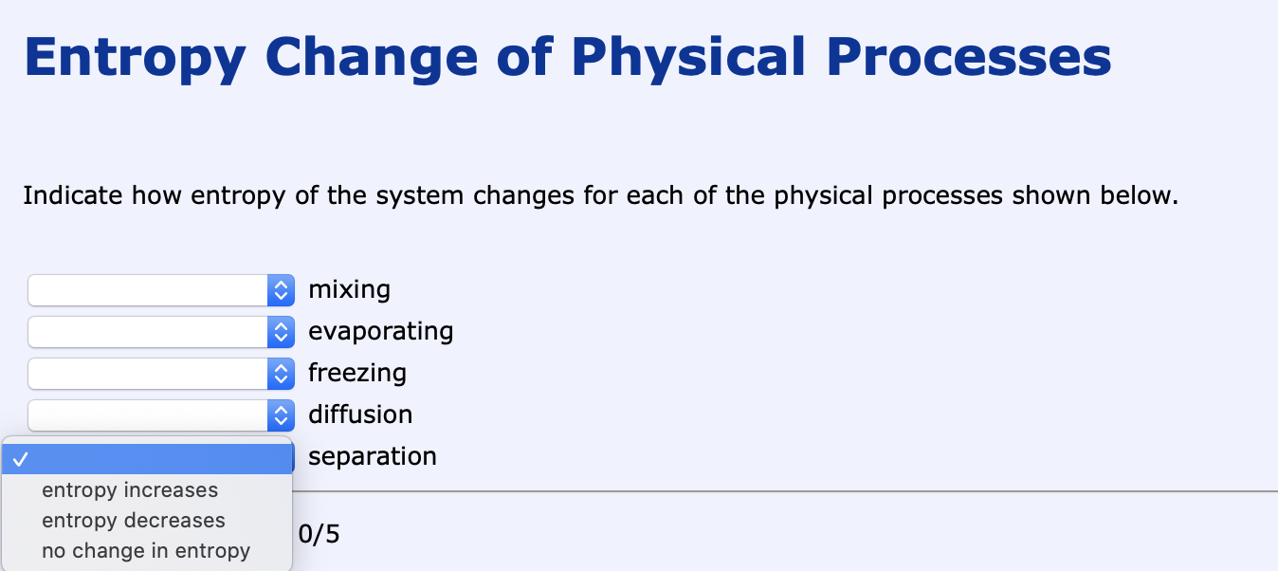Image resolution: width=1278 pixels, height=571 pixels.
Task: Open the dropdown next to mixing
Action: click(x=161, y=290)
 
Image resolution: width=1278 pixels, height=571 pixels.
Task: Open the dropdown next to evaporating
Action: click(x=161, y=332)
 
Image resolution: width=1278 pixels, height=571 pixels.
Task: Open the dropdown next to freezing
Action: click(x=161, y=374)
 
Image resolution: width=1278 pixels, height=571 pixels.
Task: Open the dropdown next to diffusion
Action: click(x=161, y=415)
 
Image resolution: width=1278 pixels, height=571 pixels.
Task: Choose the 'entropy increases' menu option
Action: click(x=130, y=490)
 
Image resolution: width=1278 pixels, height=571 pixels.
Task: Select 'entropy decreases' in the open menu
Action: click(x=134, y=520)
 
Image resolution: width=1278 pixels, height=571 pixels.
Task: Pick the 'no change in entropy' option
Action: click(x=146, y=550)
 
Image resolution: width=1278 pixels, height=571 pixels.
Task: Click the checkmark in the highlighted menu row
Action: click(x=21, y=459)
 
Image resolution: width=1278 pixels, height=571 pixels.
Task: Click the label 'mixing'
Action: click(x=349, y=289)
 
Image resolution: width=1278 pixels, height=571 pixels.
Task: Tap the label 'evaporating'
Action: click(x=380, y=331)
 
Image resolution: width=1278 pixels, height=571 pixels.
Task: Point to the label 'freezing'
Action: click(x=357, y=373)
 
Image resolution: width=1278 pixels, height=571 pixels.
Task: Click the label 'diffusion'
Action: click(x=360, y=414)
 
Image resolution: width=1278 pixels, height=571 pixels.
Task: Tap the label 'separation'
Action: click(x=373, y=457)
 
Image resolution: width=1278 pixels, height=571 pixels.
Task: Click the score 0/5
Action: click(x=319, y=534)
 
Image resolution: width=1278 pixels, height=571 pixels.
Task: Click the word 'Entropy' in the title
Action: click(x=136, y=57)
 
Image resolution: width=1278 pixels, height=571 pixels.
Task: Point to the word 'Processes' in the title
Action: click(x=969, y=57)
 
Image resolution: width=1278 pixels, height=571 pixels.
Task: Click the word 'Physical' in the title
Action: click(x=688, y=57)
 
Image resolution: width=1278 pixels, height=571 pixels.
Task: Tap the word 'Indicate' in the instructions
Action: click(x=72, y=195)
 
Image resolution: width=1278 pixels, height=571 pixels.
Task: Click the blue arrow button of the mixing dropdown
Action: click(x=281, y=290)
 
